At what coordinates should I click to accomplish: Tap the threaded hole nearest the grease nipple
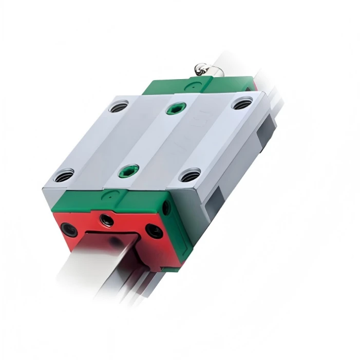pos(242,104)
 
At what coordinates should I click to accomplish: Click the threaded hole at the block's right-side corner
pos(190,175)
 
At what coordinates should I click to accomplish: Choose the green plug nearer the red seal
pos(128,172)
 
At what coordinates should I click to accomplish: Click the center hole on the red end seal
pos(106,220)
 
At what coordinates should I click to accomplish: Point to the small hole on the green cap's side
pos(166,207)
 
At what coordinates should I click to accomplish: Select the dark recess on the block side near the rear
pos(267,128)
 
